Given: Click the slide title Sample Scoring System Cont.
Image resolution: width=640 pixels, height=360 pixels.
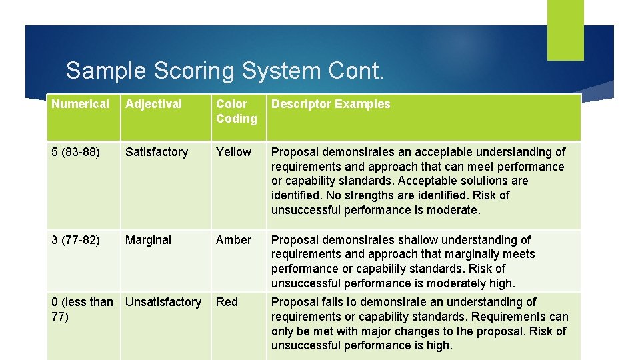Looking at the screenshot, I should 225,71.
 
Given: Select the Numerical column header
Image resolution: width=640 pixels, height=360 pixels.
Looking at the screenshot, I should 80,104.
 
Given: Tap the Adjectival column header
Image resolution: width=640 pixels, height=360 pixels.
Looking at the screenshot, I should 153,104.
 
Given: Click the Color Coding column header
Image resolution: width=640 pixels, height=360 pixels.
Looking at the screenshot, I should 236,111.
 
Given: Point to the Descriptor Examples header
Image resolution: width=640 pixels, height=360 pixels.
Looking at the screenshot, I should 331,104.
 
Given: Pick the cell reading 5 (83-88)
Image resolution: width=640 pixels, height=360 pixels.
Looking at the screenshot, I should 75,152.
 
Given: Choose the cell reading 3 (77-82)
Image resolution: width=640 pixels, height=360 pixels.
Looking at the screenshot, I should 75,240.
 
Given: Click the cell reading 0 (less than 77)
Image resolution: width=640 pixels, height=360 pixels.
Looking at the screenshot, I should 82,309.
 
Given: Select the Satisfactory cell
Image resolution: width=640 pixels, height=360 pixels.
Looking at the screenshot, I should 157,152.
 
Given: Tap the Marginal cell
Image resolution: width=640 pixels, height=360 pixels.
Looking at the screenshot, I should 148,240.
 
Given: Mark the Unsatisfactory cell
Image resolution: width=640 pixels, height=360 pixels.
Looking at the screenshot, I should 163,302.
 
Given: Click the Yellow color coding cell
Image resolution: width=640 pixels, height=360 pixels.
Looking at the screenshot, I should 233,152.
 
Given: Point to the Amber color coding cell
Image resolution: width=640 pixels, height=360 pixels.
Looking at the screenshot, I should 233,240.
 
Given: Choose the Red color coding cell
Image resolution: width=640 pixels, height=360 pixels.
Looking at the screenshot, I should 227,302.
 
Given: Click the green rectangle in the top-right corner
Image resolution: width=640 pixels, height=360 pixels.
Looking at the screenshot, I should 565,30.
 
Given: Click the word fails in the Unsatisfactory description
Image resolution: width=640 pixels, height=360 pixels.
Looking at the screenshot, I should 327,302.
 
